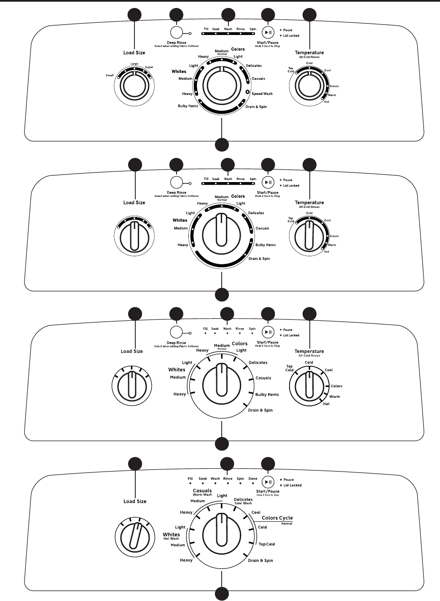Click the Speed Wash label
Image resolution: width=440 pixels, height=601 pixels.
pos(262,94)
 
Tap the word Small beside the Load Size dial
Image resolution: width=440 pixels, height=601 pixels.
pos(110,75)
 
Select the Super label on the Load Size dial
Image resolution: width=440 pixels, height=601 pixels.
pos(149,67)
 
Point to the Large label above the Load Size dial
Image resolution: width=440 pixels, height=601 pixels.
pos(134,64)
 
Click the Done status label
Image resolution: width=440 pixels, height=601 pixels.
pos(253,479)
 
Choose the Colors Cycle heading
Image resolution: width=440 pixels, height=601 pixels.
pos(277,518)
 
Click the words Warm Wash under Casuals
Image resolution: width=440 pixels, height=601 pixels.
pos(202,495)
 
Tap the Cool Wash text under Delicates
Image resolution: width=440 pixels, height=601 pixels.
pos(243,503)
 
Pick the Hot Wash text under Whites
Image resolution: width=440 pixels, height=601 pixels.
pos(171,539)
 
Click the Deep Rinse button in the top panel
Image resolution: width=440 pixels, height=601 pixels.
pos(176,33)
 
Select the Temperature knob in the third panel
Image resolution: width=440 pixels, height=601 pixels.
pos(309,386)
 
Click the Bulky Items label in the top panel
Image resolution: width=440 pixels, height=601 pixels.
pos(188,106)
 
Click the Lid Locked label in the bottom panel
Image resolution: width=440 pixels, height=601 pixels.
pos(292,485)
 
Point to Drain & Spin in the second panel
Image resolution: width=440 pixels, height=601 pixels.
pos(259,259)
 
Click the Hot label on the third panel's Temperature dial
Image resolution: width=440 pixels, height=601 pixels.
pos(326,404)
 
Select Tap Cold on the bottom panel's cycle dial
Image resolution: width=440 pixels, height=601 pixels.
pos(266,544)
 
